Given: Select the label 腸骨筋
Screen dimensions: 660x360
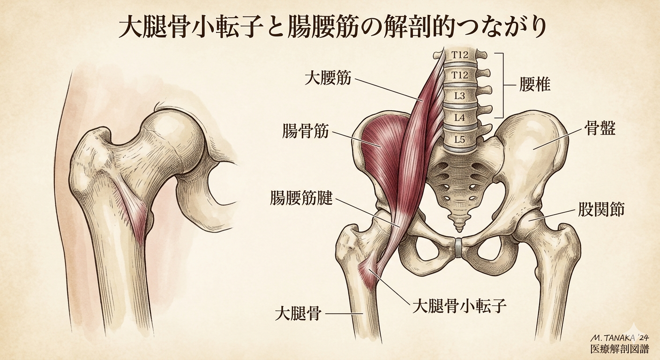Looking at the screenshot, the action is (305, 131).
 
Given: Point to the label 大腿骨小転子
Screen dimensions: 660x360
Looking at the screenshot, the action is (459, 306).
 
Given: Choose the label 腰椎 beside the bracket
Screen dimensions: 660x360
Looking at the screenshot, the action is (534, 84).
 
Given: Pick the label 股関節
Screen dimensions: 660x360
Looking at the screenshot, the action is (601, 210).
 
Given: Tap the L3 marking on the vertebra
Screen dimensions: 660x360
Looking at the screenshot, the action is (459, 96).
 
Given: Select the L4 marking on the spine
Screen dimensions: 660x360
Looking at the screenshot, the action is (459, 118).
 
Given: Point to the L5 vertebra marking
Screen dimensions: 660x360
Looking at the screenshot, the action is (459, 140).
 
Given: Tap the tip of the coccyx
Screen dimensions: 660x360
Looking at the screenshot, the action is (459, 230).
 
